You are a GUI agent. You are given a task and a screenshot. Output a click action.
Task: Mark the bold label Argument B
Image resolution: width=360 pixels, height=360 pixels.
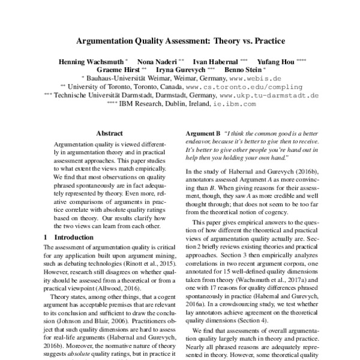[x=200, y=133]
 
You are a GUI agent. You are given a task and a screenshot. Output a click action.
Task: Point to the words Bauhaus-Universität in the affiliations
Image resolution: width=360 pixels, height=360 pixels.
[x=118, y=78]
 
